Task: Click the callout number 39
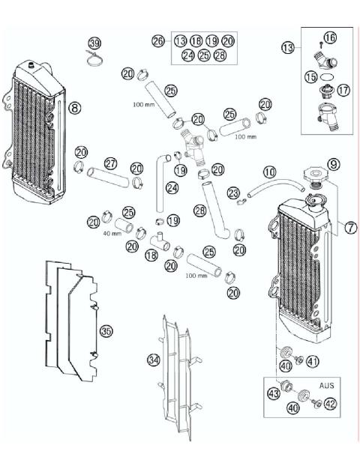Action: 94,43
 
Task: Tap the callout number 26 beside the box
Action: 157,41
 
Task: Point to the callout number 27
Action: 111,163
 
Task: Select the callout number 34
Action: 153,360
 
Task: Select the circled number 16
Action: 331,37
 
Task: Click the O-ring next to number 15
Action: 325,76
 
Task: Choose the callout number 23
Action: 233,193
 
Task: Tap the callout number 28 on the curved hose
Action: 199,211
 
